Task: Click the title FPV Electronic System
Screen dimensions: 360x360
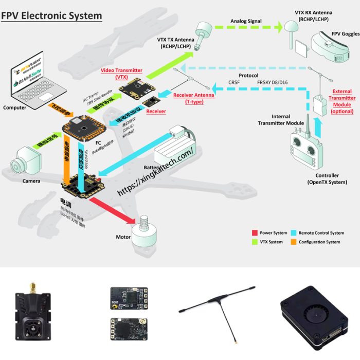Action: (x=51, y=16)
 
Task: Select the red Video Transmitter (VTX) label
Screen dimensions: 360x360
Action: (x=121, y=74)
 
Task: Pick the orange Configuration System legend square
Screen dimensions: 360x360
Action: (x=294, y=242)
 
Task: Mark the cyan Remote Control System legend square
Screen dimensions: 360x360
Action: (x=294, y=233)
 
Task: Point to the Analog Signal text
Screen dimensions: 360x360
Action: (x=246, y=21)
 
